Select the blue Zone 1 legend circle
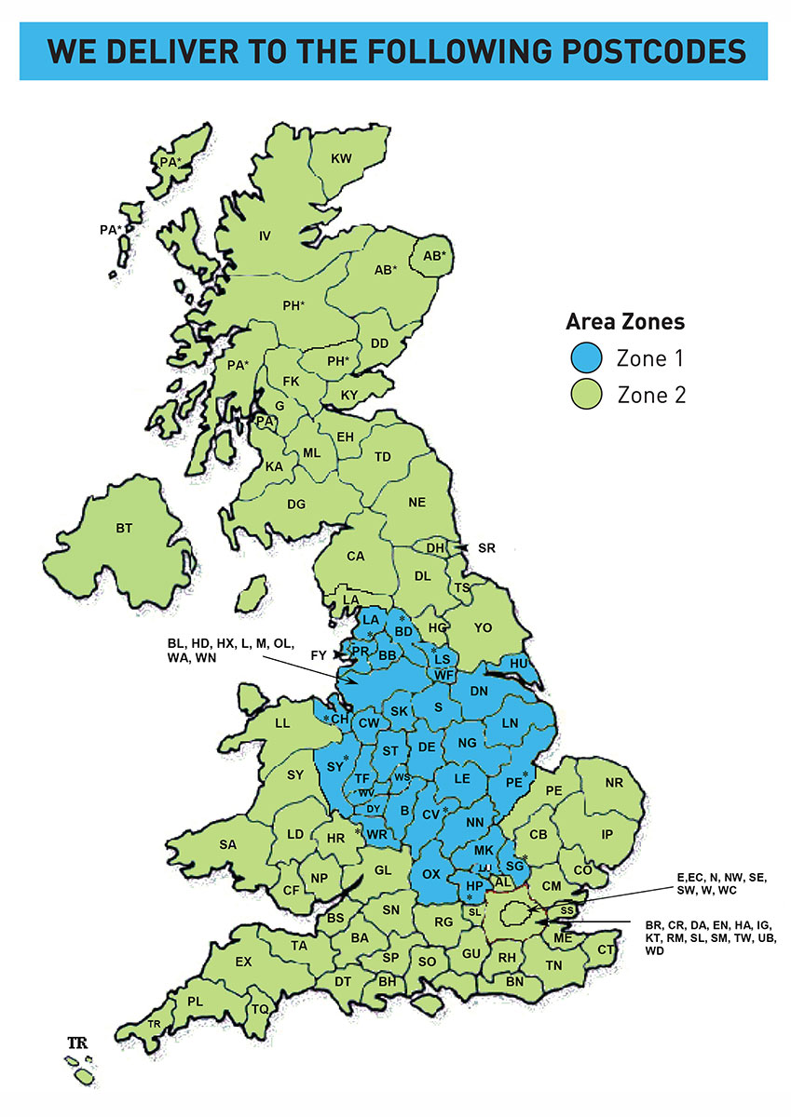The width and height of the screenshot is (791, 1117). (587, 357)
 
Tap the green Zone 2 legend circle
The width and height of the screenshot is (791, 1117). (587, 395)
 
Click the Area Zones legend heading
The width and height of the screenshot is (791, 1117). (625, 322)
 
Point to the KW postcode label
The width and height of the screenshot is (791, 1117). (342, 159)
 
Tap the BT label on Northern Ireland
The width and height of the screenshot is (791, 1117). (125, 529)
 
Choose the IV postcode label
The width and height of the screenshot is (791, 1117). (265, 236)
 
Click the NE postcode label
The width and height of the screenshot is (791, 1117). (416, 502)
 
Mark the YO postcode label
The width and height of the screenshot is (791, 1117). (483, 628)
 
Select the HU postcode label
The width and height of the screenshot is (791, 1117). (519, 663)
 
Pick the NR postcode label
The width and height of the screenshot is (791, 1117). (613, 783)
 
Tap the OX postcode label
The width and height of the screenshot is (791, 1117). (430, 874)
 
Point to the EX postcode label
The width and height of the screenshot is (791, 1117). (244, 962)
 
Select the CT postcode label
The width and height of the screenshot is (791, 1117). (606, 949)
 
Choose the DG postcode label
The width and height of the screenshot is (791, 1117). (296, 504)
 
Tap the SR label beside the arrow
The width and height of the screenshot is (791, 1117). (485, 548)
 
